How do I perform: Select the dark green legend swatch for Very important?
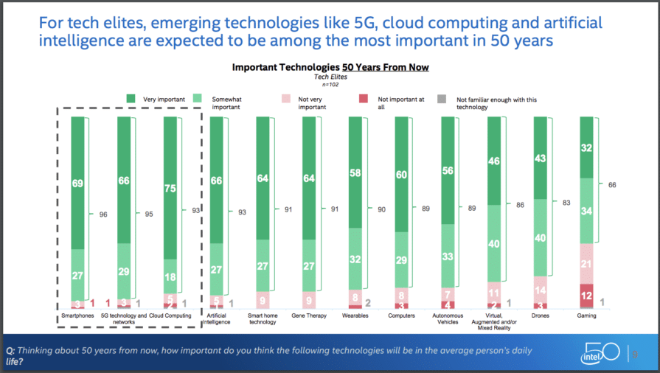click(131, 98)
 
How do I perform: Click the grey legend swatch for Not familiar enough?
click(442, 98)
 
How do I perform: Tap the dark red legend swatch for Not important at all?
click(363, 98)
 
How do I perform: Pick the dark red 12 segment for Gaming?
click(587, 296)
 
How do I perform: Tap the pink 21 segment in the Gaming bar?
click(587, 263)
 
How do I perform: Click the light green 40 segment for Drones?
click(541, 237)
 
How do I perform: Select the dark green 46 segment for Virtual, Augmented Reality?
click(494, 160)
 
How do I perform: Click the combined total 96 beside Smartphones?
click(104, 215)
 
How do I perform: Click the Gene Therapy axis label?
click(309, 316)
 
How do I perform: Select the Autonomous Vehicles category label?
click(448, 318)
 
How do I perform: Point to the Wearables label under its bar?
click(355, 316)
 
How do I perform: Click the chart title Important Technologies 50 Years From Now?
click(330, 67)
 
